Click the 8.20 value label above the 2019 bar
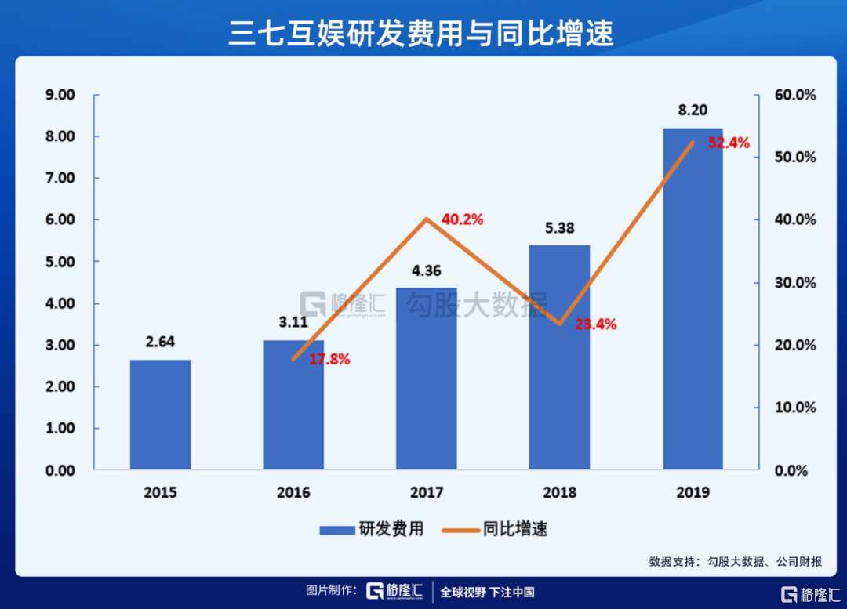click(693, 111)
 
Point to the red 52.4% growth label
click(729, 143)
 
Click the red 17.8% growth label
click(329, 360)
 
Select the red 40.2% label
click(463, 220)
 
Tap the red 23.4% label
click(596, 324)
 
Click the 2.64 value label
click(160, 342)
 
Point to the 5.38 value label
click(559, 228)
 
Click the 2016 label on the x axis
click(293, 492)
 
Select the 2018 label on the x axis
click(559, 492)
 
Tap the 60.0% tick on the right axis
click(794, 95)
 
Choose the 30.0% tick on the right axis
click(794, 283)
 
